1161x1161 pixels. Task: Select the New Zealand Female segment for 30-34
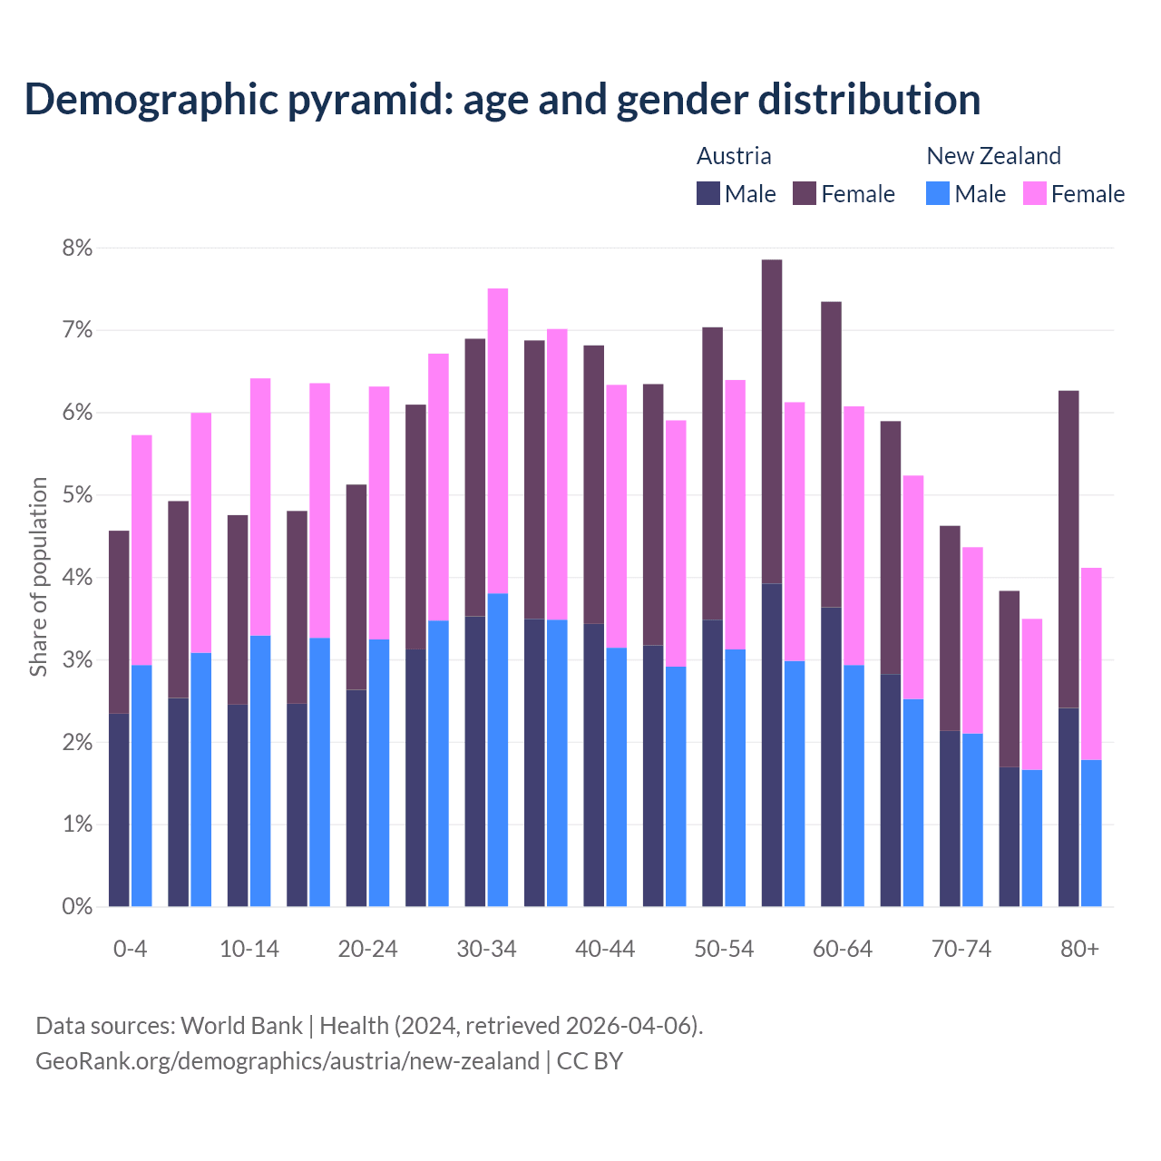(498, 441)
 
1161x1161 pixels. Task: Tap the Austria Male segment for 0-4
(119, 810)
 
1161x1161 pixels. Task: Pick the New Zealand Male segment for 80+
(1091, 833)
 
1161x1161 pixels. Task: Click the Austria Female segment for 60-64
(831, 454)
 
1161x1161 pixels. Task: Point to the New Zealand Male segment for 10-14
(260, 771)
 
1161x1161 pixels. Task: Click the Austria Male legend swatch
(708, 194)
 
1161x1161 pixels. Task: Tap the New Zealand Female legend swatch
(1034, 194)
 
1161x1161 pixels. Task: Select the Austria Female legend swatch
(805, 194)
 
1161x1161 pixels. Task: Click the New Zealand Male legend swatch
(938, 194)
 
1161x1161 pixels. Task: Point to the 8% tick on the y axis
(77, 248)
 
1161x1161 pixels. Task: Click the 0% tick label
(77, 906)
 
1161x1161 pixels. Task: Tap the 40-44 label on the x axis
(605, 949)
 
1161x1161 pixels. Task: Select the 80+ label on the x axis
(1079, 949)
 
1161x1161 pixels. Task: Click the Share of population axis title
(39, 577)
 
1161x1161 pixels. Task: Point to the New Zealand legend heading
(993, 156)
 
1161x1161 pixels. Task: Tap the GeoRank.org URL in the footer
(287, 1060)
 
